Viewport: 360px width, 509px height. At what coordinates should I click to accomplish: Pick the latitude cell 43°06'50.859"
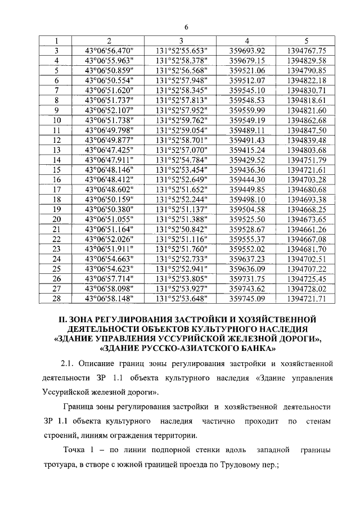[109, 70]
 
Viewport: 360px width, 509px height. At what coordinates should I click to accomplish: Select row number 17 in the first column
[57, 189]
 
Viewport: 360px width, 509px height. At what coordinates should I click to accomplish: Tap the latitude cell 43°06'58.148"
[109, 298]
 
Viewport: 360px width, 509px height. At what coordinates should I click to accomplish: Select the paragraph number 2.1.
[67, 364]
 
